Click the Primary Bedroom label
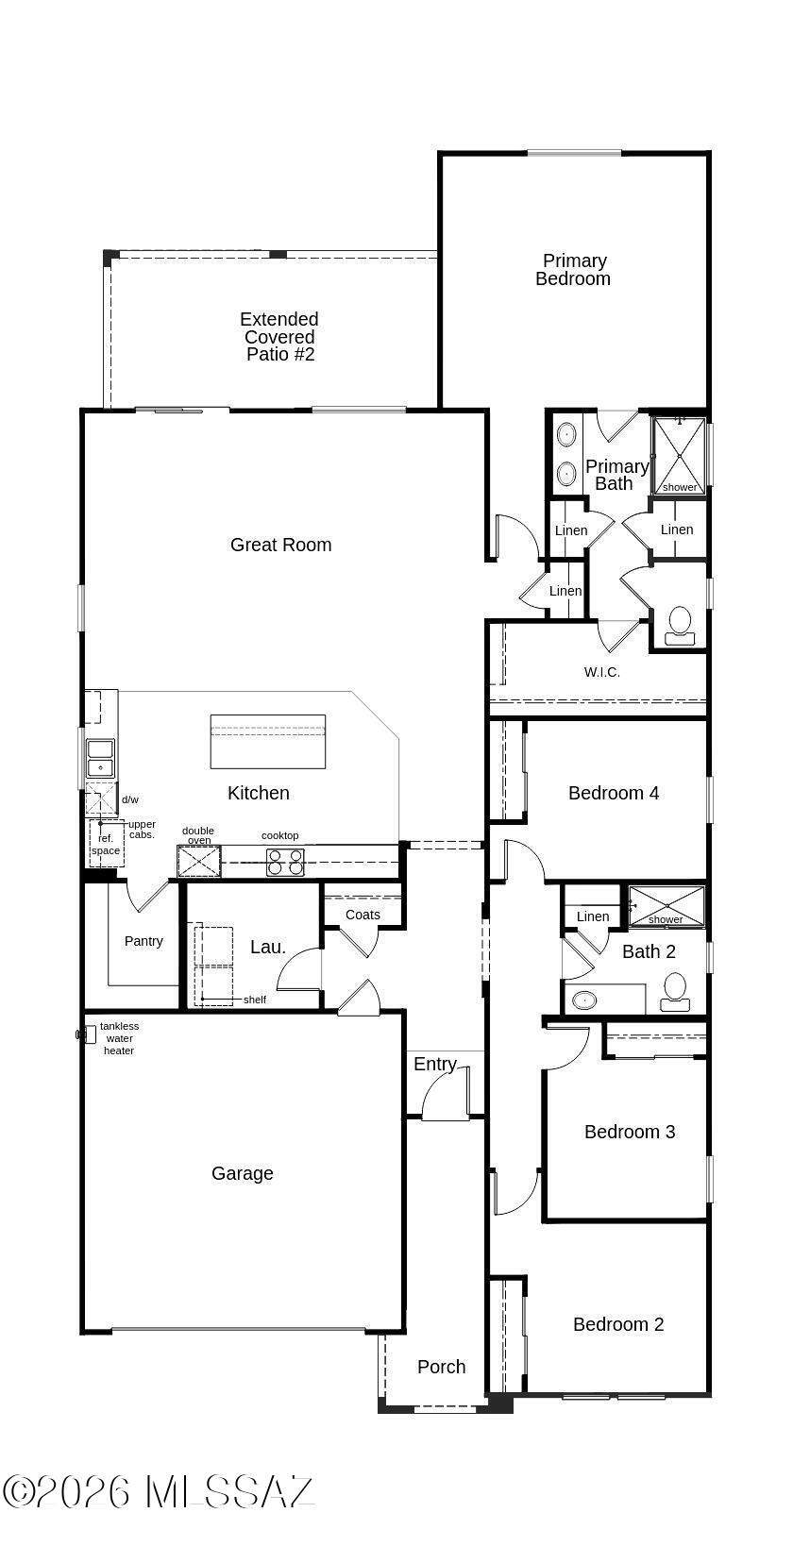tap(573, 269)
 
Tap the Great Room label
tap(280, 545)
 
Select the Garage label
tap(243, 1173)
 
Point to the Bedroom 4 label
tap(614, 793)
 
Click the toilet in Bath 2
tap(675, 992)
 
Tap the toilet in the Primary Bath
tap(679, 626)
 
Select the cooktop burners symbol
tap(285, 862)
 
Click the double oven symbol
tap(199, 861)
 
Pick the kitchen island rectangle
tap(268, 741)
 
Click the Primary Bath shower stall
tap(679, 456)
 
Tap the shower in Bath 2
tap(666, 906)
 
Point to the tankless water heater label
tap(119, 1038)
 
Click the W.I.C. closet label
tap(601, 672)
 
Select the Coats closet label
tap(363, 915)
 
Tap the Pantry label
tap(143, 941)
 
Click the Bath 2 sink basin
tap(582, 1000)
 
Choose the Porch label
tap(441, 1367)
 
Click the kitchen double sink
tap(100, 759)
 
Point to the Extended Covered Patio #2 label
tap(279, 336)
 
